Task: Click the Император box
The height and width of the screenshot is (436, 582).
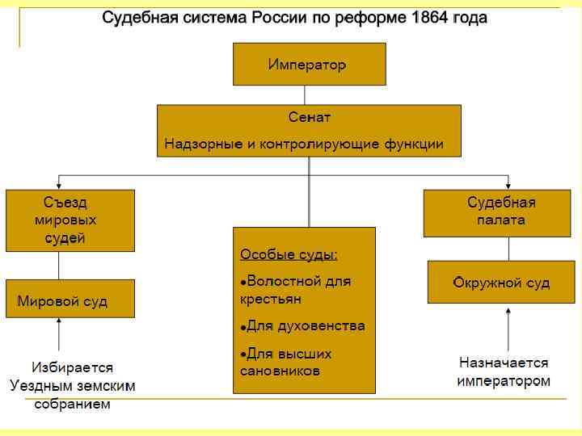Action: pyautogui.click(x=309, y=64)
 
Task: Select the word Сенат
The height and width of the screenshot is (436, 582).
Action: pyautogui.click(x=309, y=118)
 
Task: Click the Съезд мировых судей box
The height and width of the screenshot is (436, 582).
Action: pyautogui.click(x=70, y=220)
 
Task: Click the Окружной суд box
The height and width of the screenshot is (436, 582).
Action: pyautogui.click(x=501, y=282)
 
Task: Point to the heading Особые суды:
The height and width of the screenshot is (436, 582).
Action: pyautogui.click(x=289, y=254)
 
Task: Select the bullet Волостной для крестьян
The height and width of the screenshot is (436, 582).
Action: pyautogui.click(x=296, y=290)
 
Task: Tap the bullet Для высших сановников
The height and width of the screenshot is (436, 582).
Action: pyautogui.click(x=287, y=363)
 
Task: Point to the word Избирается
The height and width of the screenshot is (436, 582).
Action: pyautogui.click(x=73, y=368)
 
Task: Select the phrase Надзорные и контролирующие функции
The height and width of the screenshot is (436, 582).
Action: pyautogui.click(x=304, y=145)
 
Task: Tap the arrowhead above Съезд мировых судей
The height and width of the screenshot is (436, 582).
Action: pyautogui.click(x=59, y=184)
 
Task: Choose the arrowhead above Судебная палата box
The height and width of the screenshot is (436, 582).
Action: pyautogui.click(x=508, y=184)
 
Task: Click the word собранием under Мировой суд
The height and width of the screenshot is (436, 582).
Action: pyautogui.click(x=72, y=405)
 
